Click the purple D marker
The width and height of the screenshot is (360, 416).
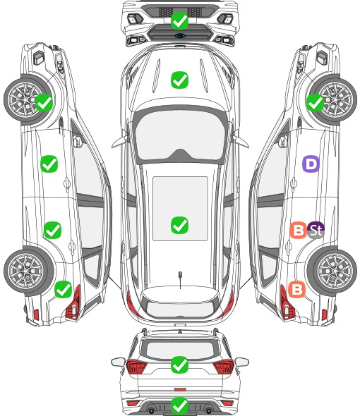pos(311,164)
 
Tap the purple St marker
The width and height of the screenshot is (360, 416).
pos(316,230)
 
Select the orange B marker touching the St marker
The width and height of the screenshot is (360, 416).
pos(299,230)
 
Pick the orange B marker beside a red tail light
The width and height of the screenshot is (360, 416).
pos(296,289)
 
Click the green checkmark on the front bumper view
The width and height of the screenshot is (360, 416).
pos(180,20)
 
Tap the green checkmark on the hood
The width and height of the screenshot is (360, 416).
pos(180,80)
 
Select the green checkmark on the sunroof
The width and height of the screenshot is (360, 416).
pos(180,225)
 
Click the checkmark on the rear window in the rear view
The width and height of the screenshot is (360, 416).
pos(180,365)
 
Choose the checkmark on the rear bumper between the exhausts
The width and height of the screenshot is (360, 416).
pos(180,405)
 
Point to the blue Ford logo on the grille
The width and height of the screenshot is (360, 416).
pos(180,35)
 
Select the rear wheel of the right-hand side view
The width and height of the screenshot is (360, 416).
pos(332,271)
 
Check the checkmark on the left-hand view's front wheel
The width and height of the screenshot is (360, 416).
pos(44,102)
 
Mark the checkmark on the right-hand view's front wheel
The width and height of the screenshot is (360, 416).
pos(315,102)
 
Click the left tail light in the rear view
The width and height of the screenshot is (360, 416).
pos(137,367)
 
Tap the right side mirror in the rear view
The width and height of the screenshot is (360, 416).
pos(242,362)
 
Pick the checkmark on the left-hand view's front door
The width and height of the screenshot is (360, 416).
pos(49,164)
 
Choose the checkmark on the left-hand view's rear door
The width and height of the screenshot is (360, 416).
pos(53,230)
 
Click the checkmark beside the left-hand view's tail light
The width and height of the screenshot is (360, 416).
pos(63,289)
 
